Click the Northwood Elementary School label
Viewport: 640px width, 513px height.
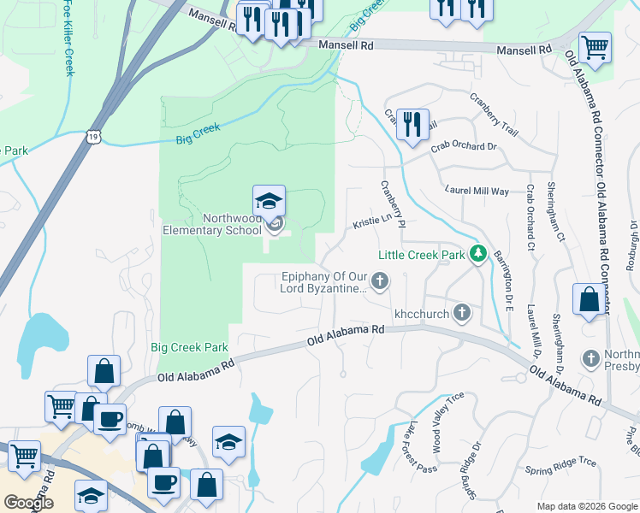point(212,224)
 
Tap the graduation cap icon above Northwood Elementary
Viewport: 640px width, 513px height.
point(269,202)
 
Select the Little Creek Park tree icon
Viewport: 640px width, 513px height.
point(479,255)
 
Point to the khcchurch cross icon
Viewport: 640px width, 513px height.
point(462,312)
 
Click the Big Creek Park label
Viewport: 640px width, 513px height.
point(189,347)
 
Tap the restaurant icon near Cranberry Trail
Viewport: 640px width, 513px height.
point(412,124)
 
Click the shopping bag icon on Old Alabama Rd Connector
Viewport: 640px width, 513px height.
point(589,300)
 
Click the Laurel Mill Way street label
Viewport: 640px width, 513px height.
point(476,190)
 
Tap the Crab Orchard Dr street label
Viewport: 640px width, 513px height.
point(464,146)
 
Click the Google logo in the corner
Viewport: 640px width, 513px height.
point(28,503)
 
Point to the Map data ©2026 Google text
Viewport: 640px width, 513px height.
point(586,506)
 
